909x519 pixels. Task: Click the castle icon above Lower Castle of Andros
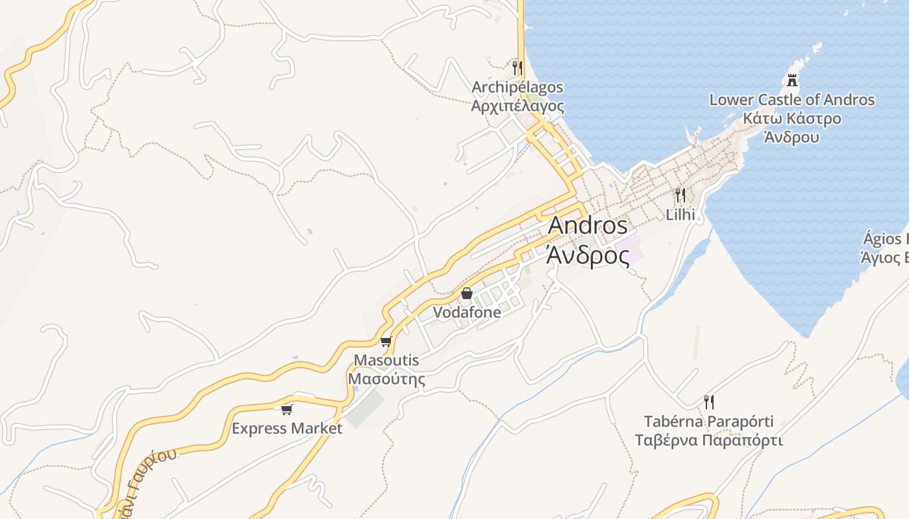pyautogui.click(x=791, y=80)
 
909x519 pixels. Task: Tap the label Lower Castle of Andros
pyautogui.click(x=791, y=100)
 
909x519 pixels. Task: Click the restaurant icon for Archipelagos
pyautogui.click(x=517, y=67)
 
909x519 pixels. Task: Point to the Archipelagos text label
pyautogui.click(x=517, y=87)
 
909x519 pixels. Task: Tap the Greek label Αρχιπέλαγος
pyautogui.click(x=517, y=106)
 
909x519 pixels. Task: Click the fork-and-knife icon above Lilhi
pyautogui.click(x=680, y=195)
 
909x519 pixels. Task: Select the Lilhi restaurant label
pyautogui.click(x=680, y=214)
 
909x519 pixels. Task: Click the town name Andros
pyautogui.click(x=588, y=226)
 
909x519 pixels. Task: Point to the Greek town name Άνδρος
pyautogui.click(x=588, y=254)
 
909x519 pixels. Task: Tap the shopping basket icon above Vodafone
pyautogui.click(x=466, y=293)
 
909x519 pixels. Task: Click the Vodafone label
pyautogui.click(x=466, y=312)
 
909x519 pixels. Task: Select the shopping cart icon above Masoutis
pyautogui.click(x=386, y=341)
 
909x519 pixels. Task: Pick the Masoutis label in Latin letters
pyautogui.click(x=386, y=360)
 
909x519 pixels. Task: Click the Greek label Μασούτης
pyautogui.click(x=386, y=379)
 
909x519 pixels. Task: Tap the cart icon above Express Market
pyautogui.click(x=286, y=409)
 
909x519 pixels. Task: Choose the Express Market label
pyautogui.click(x=286, y=428)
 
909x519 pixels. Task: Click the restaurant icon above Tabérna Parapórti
pyautogui.click(x=708, y=402)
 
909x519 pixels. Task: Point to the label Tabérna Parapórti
pyautogui.click(x=708, y=422)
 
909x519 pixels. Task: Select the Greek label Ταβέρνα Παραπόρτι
pyautogui.click(x=708, y=441)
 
